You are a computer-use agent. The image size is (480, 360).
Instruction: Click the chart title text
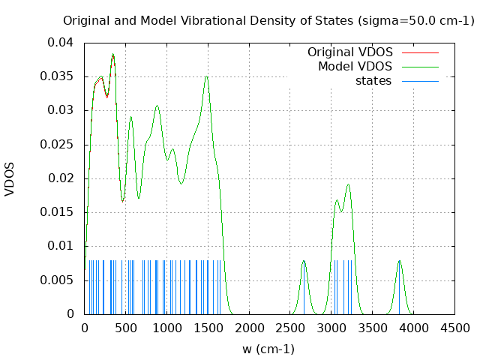click(268, 20)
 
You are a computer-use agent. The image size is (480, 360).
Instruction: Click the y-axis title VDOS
click(10, 178)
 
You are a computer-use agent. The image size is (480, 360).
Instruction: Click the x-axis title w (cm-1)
click(268, 349)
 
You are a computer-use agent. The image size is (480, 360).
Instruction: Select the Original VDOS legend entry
click(349, 52)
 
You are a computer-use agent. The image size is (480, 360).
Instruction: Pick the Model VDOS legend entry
click(355, 67)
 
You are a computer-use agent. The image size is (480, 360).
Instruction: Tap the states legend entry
click(373, 81)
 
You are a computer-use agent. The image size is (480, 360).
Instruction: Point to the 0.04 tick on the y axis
click(64, 43)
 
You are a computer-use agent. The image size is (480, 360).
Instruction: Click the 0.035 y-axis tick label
click(60, 76)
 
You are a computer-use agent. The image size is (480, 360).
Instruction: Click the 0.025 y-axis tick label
click(60, 144)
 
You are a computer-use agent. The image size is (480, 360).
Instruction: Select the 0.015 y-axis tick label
click(60, 212)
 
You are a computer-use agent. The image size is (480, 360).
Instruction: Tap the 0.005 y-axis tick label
click(60, 280)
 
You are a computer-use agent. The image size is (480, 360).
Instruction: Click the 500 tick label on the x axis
click(125, 328)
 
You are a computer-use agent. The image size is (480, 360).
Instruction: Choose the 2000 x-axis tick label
click(249, 328)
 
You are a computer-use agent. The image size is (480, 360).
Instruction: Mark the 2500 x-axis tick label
click(290, 328)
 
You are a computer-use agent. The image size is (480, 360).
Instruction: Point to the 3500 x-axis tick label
click(373, 328)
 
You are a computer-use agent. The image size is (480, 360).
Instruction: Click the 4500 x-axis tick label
click(455, 328)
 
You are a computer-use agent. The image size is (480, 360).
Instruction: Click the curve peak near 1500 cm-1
click(206, 76)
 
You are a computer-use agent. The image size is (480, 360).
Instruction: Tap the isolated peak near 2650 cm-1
click(304, 260)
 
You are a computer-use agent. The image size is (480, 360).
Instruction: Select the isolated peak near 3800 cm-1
click(400, 260)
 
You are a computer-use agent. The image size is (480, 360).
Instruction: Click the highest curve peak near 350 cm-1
click(113, 54)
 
